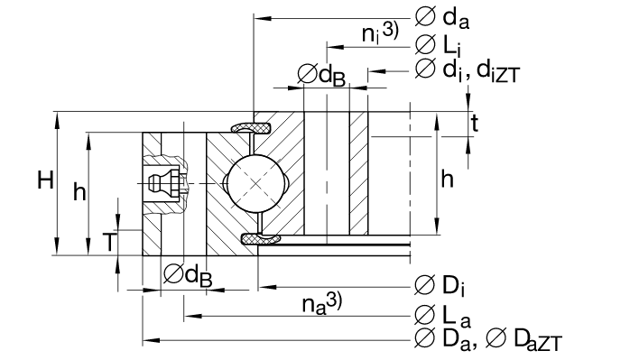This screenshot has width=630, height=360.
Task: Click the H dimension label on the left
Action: (x=45, y=180)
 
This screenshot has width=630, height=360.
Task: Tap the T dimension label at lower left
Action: (x=108, y=242)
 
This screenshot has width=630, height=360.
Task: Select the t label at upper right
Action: (x=475, y=124)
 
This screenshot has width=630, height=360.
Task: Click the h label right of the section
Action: (x=447, y=180)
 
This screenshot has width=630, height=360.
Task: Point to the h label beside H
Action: (x=79, y=191)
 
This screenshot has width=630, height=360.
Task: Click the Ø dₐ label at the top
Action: (x=442, y=18)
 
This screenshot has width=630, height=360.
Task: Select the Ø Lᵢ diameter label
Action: (x=438, y=44)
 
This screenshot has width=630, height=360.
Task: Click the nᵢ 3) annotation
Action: (x=380, y=32)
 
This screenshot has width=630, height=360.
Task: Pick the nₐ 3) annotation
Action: (x=322, y=303)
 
